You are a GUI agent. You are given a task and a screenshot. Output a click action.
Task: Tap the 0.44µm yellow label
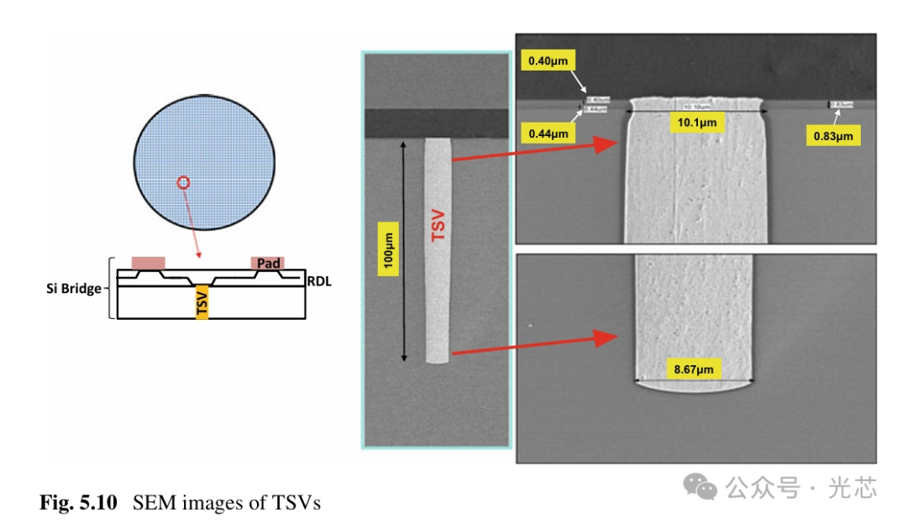coord(548,133)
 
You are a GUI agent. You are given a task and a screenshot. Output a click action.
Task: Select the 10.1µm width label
coord(696,123)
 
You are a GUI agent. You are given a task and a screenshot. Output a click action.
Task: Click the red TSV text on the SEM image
coord(438,226)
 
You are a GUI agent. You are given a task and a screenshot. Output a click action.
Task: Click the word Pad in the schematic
coord(268,264)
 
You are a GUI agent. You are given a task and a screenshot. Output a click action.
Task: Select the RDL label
coord(318,282)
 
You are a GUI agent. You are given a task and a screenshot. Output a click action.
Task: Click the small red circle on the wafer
coord(184,181)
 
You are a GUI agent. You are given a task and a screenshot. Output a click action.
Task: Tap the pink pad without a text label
coord(148,263)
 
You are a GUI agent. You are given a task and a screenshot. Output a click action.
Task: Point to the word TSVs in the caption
coord(296,503)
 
